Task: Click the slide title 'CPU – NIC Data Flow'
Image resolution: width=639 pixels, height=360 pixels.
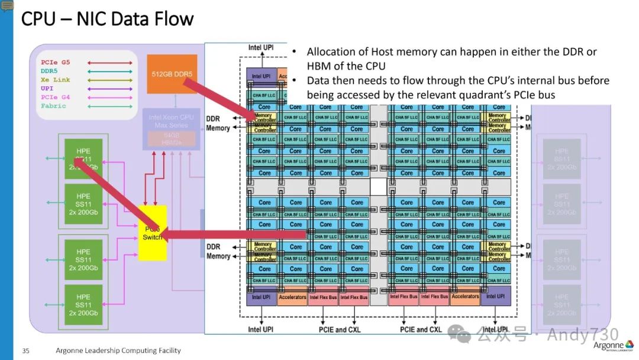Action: (x=107, y=19)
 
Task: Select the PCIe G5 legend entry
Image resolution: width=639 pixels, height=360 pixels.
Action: (x=56, y=62)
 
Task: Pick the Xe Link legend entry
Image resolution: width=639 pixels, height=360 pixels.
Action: (x=56, y=79)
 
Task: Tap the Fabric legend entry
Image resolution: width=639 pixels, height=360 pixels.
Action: (x=54, y=106)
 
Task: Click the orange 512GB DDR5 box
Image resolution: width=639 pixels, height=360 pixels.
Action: (x=172, y=74)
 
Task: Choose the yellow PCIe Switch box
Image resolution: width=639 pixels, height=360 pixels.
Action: (x=153, y=233)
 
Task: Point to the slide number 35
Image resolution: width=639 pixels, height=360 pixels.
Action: (x=25, y=351)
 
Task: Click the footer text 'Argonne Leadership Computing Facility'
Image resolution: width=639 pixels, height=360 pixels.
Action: (x=118, y=351)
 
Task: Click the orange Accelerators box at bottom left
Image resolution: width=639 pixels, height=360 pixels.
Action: (x=292, y=297)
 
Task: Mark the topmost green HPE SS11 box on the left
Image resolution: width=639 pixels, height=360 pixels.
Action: (x=83, y=159)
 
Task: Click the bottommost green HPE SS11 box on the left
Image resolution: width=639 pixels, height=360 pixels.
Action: (x=83, y=304)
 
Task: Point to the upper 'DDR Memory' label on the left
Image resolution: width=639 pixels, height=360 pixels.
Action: (x=218, y=123)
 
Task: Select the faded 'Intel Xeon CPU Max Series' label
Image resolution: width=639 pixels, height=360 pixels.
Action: (x=170, y=121)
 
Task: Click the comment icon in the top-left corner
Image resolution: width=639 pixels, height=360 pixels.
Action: (x=7, y=6)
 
